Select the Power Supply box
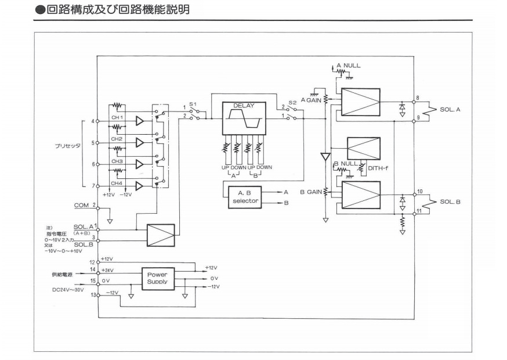pyautogui.click(x=158, y=278)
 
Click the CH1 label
pyautogui.click(x=117, y=118)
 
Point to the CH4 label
pyautogui.click(x=117, y=182)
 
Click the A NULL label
pyautogui.click(x=348, y=65)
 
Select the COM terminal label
pyautogui.click(x=81, y=205)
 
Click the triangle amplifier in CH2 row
pyautogui.click(x=139, y=142)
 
